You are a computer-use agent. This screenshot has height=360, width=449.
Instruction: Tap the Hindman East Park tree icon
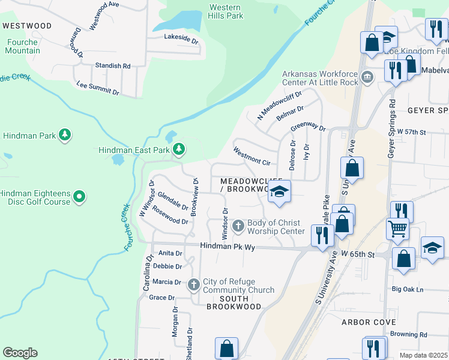(178, 149)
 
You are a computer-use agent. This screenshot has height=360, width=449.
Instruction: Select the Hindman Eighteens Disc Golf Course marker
(79, 196)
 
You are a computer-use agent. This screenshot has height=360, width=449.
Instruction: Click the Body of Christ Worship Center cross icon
(238, 225)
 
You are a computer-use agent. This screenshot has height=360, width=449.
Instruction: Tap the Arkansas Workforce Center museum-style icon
(367, 77)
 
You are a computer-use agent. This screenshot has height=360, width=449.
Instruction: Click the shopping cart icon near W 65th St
(397, 228)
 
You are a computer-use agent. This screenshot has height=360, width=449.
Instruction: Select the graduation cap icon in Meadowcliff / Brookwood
(279, 191)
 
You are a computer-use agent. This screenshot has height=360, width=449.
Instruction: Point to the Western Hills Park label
(226, 11)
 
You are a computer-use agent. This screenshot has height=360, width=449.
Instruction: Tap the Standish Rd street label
(112, 65)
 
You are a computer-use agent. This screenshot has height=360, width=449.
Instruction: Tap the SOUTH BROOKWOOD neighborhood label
(234, 302)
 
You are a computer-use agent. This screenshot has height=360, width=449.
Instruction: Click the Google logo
(20, 352)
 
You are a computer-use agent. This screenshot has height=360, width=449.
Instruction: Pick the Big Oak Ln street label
(408, 289)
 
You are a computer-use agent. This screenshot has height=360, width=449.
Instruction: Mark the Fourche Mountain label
(23, 46)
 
